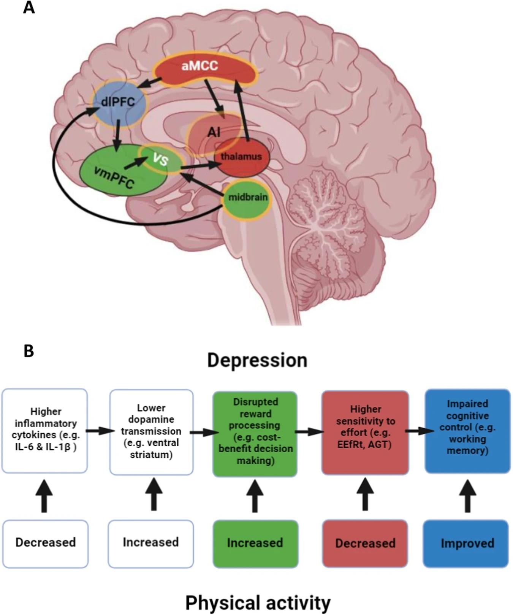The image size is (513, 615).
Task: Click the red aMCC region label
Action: (200, 66)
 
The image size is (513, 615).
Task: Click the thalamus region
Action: (242, 157)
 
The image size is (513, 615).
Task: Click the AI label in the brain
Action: (214, 132)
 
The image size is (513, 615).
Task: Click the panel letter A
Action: (29, 8)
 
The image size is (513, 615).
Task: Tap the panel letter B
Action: (29, 350)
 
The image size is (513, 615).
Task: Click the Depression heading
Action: (257, 360)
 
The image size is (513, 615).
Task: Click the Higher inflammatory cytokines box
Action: (45, 431)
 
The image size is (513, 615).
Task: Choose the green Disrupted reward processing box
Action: (255, 434)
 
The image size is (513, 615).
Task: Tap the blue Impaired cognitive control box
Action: (467, 431)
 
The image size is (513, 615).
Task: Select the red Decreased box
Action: (365, 544)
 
